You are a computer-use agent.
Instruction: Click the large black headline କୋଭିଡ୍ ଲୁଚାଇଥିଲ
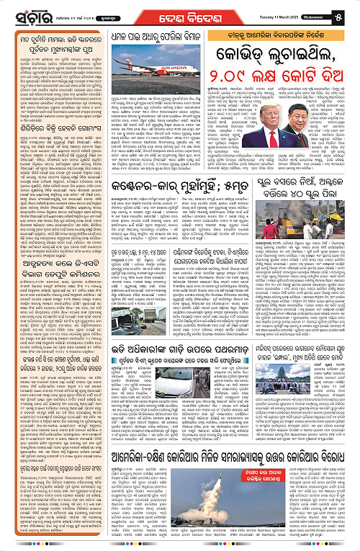click(x=275, y=53)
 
